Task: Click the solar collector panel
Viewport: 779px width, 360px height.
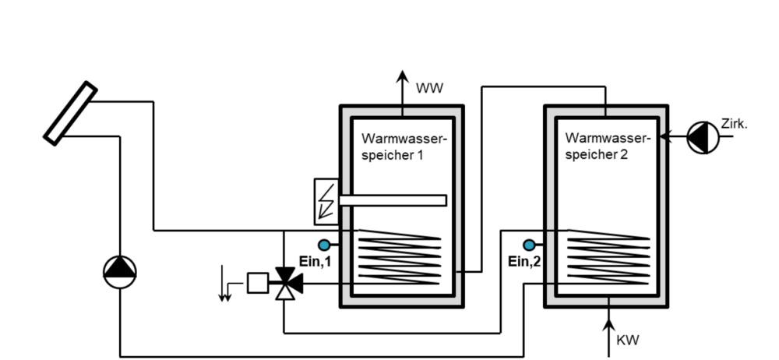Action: click(x=70, y=114)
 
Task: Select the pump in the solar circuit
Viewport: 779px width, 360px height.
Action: click(x=119, y=270)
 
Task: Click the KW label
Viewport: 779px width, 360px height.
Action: click(x=628, y=341)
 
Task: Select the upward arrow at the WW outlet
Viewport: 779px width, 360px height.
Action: click(x=402, y=86)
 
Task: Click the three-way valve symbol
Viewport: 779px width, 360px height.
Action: click(x=285, y=283)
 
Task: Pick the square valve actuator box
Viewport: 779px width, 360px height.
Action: click(x=256, y=282)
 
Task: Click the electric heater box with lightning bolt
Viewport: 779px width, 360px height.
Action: click(x=324, y=199)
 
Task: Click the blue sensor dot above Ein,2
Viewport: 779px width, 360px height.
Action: click(x=530, y=244)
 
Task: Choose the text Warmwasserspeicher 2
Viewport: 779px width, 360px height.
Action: click(x=608, y=146)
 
